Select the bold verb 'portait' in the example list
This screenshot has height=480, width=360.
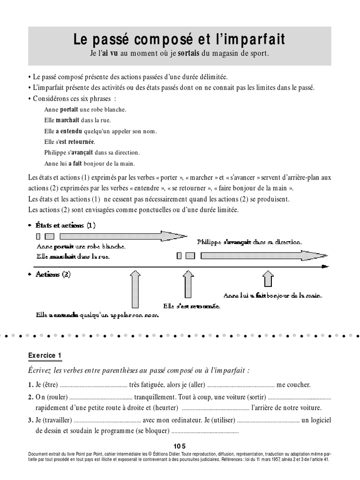point(69,109)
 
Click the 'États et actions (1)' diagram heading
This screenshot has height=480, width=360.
point(65,225)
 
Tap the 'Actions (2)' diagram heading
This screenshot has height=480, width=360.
point(53,275)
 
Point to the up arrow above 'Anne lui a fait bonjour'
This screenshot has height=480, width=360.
point(267,279)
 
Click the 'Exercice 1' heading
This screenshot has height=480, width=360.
point(45,356)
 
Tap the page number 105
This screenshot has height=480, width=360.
point(180,446)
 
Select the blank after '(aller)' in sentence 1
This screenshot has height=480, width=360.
point(240,385)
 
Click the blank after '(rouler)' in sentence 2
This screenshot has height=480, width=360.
point(97,397)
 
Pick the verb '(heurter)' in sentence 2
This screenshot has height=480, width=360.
point(166,408)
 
